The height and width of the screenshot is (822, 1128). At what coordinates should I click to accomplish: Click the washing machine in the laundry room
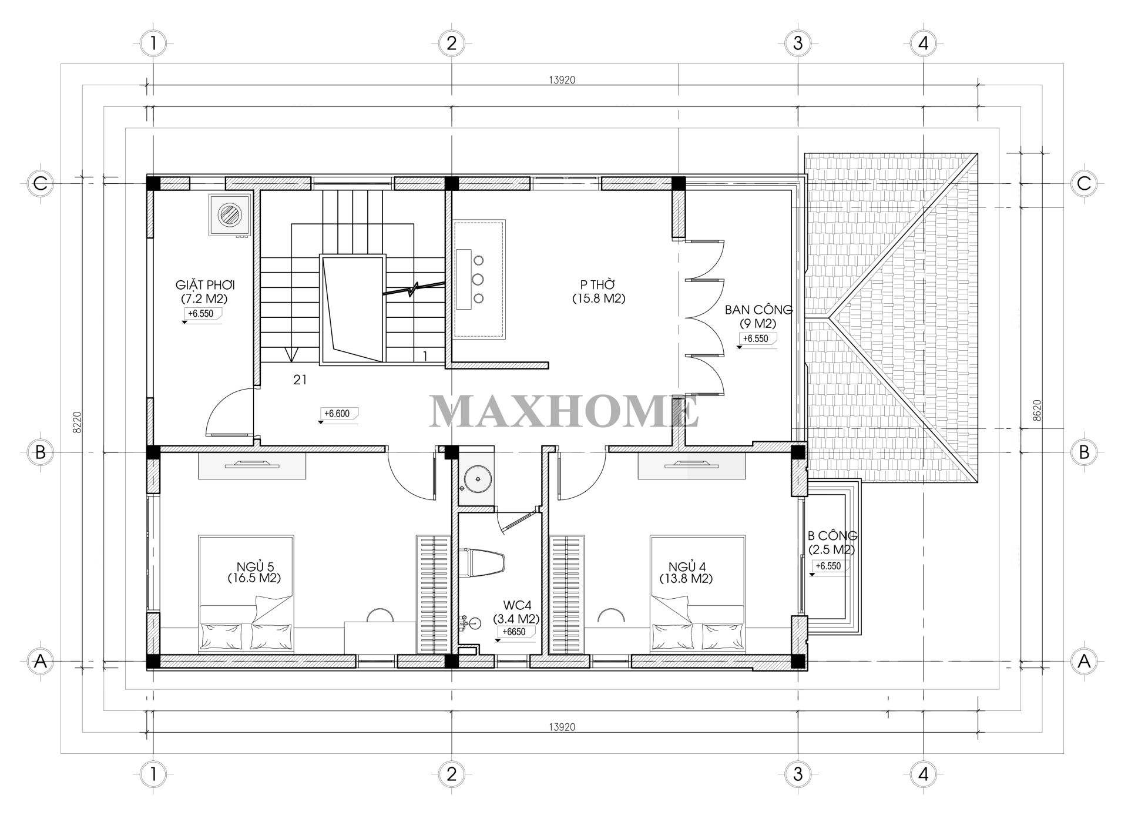click(x=229, y=215)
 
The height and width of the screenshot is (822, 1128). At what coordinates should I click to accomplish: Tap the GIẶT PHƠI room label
click(x=204, y=291)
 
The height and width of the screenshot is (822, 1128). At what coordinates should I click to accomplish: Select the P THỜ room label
click(x=598, y=291)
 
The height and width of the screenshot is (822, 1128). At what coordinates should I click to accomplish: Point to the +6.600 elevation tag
click(x=337, y=414)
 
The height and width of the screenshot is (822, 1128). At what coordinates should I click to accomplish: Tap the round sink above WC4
click(x=476, y=479)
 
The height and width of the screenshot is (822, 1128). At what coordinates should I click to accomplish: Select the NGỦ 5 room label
click(x=254, y=572)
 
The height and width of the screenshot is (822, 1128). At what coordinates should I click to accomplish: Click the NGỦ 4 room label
click(x=686, y=572)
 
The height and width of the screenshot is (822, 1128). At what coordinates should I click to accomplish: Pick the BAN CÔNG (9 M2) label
click(x=758, y=316)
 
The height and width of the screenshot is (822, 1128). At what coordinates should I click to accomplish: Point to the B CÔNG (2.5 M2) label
click(x=832, y=542)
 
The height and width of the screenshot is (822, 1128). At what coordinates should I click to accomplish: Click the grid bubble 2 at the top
click(x=451, y=43)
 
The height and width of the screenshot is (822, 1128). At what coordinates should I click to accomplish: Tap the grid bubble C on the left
click(x=40, y=183)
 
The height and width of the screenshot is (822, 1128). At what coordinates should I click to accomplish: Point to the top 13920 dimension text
click(x=562, y=81)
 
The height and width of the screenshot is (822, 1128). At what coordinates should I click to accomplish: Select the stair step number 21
click(x=300, y=380)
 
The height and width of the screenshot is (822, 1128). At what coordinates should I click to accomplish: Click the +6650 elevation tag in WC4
click(x=512, y=632)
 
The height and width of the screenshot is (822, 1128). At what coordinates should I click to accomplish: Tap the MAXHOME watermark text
click(x=564, y=411)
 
